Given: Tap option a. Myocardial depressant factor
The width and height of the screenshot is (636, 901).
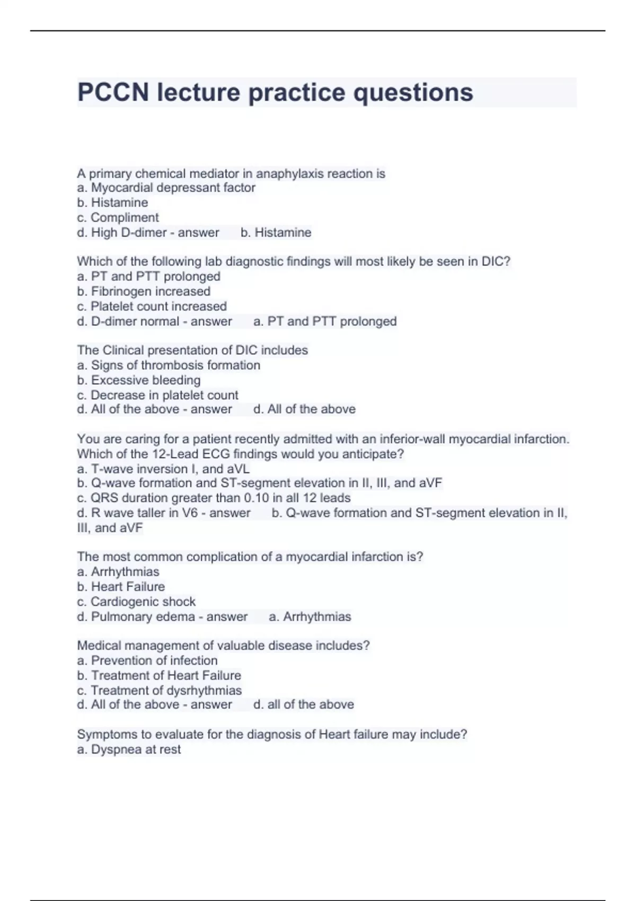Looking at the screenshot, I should [166, 188].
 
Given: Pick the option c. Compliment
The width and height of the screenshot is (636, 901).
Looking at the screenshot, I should [118, 217].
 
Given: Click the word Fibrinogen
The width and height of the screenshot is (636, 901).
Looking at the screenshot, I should [121, 291].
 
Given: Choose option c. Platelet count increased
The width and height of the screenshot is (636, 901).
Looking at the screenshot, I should [152, 306].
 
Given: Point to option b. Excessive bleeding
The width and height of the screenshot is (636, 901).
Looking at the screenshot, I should [138, 380].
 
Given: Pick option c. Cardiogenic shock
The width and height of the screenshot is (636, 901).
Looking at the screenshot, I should [136, 602].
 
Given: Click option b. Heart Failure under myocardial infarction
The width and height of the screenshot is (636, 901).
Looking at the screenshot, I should [121, 587].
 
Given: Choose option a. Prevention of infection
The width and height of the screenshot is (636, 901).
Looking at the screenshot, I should [147, 660].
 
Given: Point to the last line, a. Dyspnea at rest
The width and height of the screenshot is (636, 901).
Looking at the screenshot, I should [129, 749].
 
